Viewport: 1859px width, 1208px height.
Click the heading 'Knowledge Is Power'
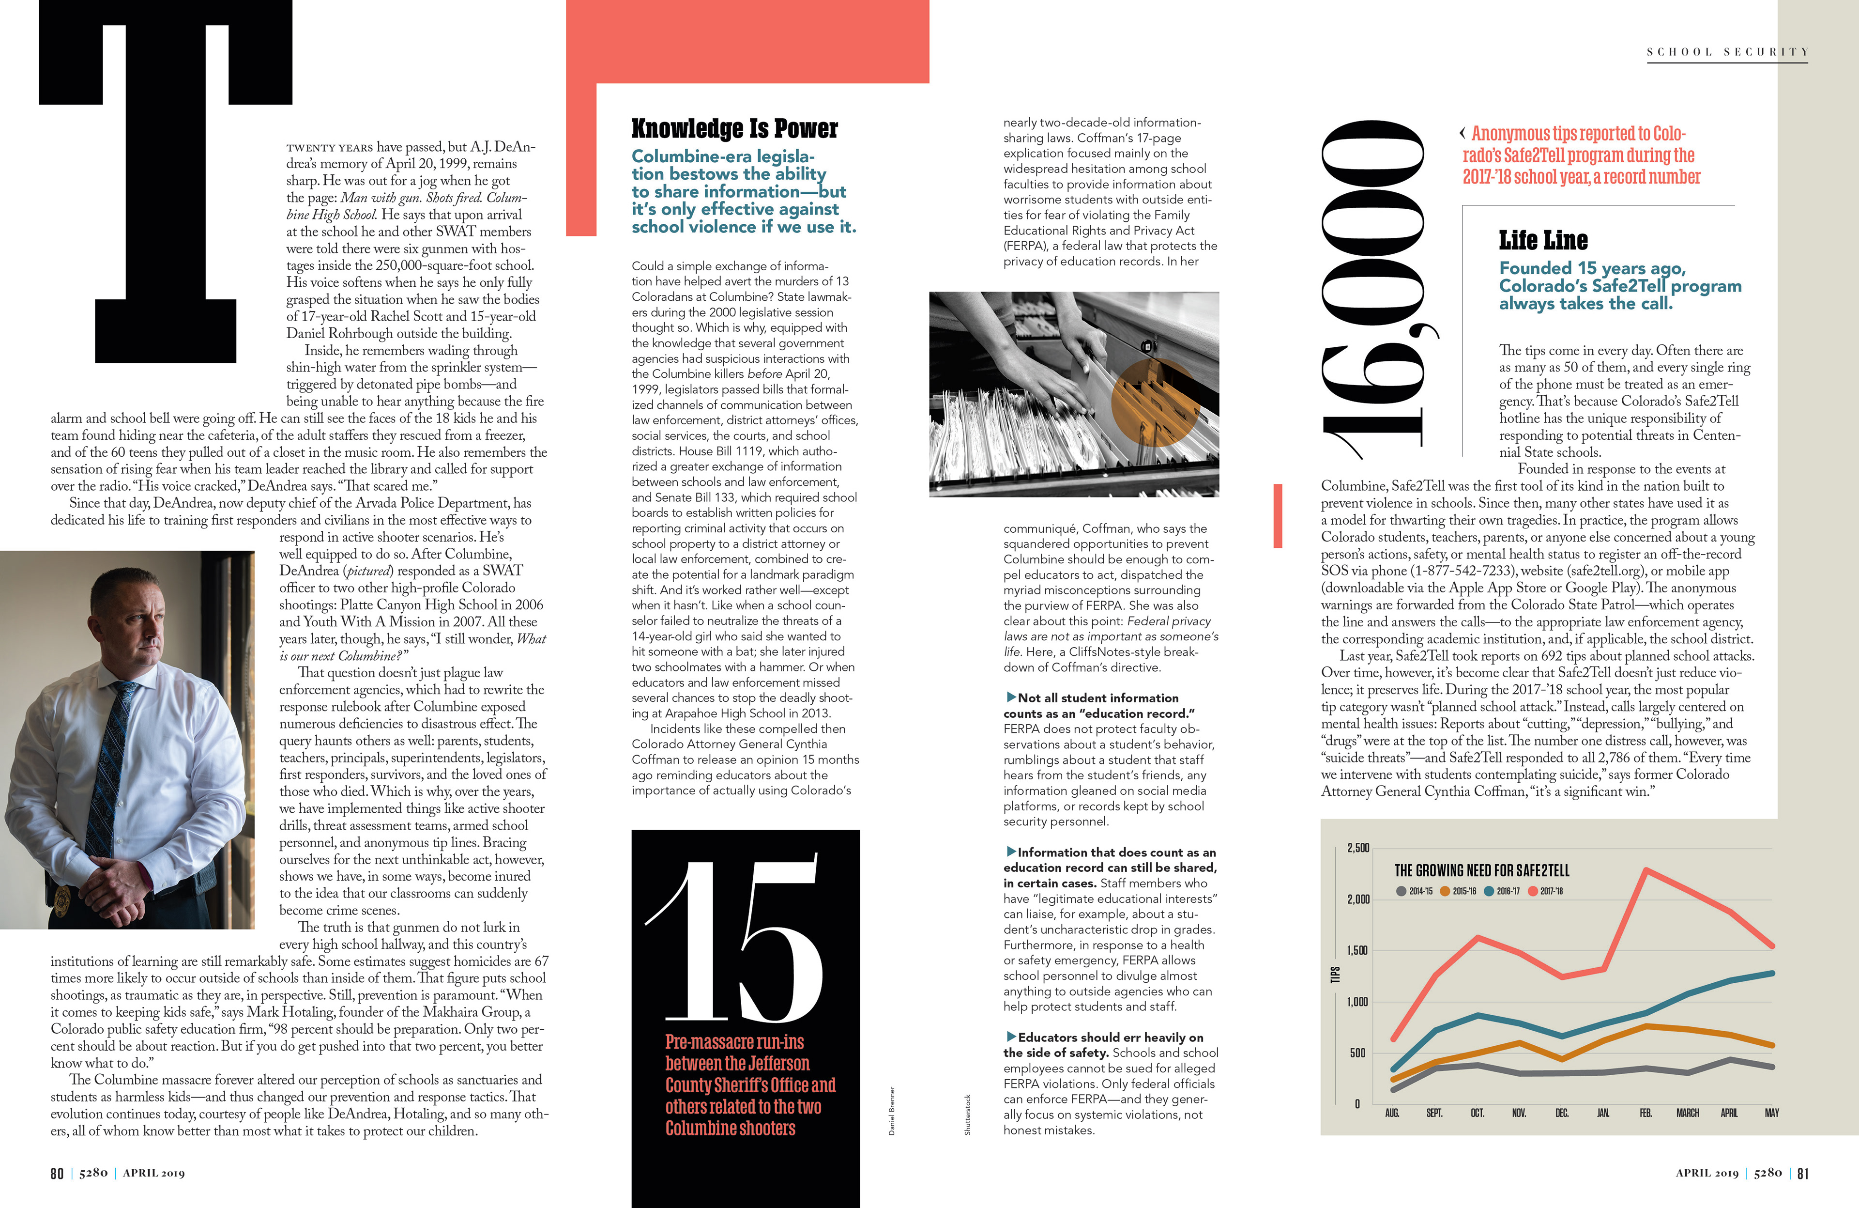(734, 128)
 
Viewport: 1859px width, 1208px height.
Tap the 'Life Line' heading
(1543, 240)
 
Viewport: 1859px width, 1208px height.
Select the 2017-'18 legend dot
(1533, 891)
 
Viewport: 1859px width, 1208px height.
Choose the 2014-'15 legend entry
(1414, 891)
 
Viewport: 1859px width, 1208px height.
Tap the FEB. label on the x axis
(1645, 1113)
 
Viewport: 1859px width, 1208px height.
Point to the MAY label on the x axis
(1771, 1113)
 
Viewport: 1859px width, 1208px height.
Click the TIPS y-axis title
(1335, 975)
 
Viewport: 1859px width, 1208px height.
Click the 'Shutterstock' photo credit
(967, 1114)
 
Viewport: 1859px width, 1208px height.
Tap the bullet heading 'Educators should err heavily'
(1109, 1038)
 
